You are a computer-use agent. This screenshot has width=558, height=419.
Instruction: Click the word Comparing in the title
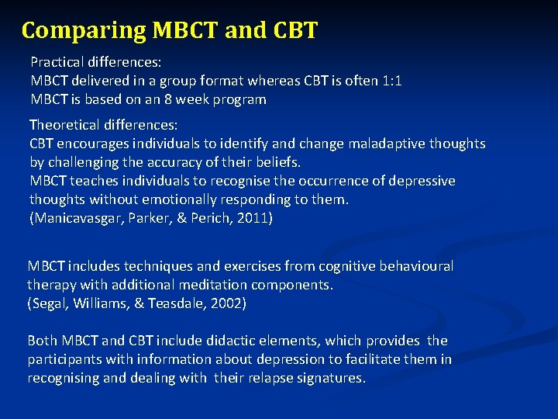(83, 30)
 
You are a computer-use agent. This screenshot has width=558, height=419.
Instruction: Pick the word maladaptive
(381, 144)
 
